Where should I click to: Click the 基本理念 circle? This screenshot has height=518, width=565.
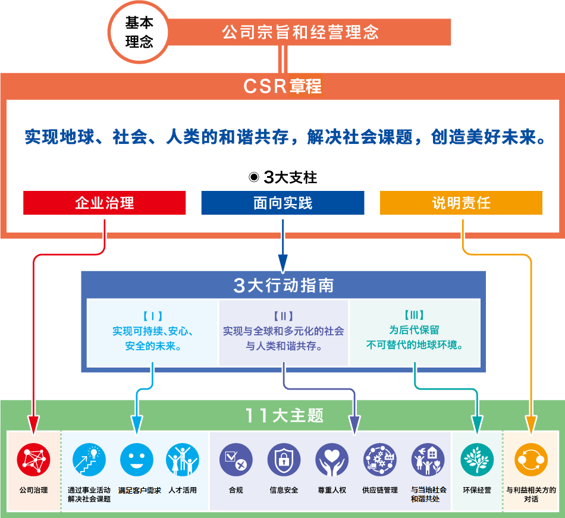(x=139, y=32)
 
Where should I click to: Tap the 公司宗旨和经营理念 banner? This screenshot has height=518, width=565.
(x=309, y=32)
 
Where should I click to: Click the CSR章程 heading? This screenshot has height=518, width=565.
(x=282, y=86)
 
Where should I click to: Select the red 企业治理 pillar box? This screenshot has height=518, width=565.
(x=105, y=203)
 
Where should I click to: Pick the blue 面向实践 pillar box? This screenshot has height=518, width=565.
(x=283, y=203)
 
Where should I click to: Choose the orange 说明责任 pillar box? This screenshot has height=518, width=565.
(x=462, y=203)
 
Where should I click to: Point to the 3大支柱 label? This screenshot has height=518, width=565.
(x=283, y=177)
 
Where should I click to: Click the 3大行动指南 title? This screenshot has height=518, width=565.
(x=284, y=285)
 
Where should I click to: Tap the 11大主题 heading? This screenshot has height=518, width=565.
(x=284, y=415)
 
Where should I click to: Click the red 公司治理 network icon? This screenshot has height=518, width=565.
(x=33, y=460)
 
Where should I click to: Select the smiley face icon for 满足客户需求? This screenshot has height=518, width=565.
(x=137, y=460)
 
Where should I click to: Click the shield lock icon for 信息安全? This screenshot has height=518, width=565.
(x=284, y=460)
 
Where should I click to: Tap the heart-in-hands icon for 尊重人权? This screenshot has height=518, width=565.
(x=332, y=460)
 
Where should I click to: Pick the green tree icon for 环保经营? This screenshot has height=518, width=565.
(x=477, y=460)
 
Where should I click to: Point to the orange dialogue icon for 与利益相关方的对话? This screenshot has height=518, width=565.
(x=531, y=460)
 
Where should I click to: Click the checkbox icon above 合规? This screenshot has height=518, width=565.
(x=236, y=460)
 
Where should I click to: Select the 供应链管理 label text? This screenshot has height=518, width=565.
(x=380, y=490)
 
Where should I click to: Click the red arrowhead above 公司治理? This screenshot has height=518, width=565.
(x=33, y=425)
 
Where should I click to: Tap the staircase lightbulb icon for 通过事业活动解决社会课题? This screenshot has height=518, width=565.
(x=89, y=460)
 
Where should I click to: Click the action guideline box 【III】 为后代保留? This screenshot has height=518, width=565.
(x=415, y=332)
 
